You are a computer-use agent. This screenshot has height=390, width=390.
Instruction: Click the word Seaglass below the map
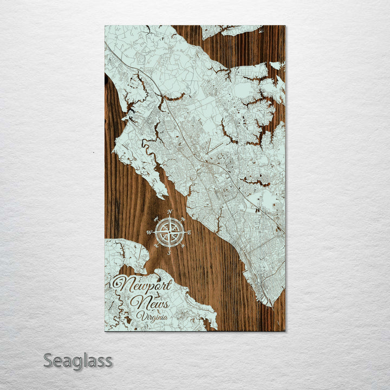click(x=78, y=360)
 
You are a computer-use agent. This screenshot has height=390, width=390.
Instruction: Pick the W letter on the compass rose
click(x=149, y=232)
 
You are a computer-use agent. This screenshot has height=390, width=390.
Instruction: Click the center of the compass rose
click(x=170, y=231)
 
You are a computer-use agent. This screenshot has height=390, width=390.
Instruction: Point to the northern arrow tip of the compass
click(x=170, y=217)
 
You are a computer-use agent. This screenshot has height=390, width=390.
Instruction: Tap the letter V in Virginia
click(x=140, y=315)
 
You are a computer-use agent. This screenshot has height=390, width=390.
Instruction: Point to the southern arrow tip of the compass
click(x=169, y=247)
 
